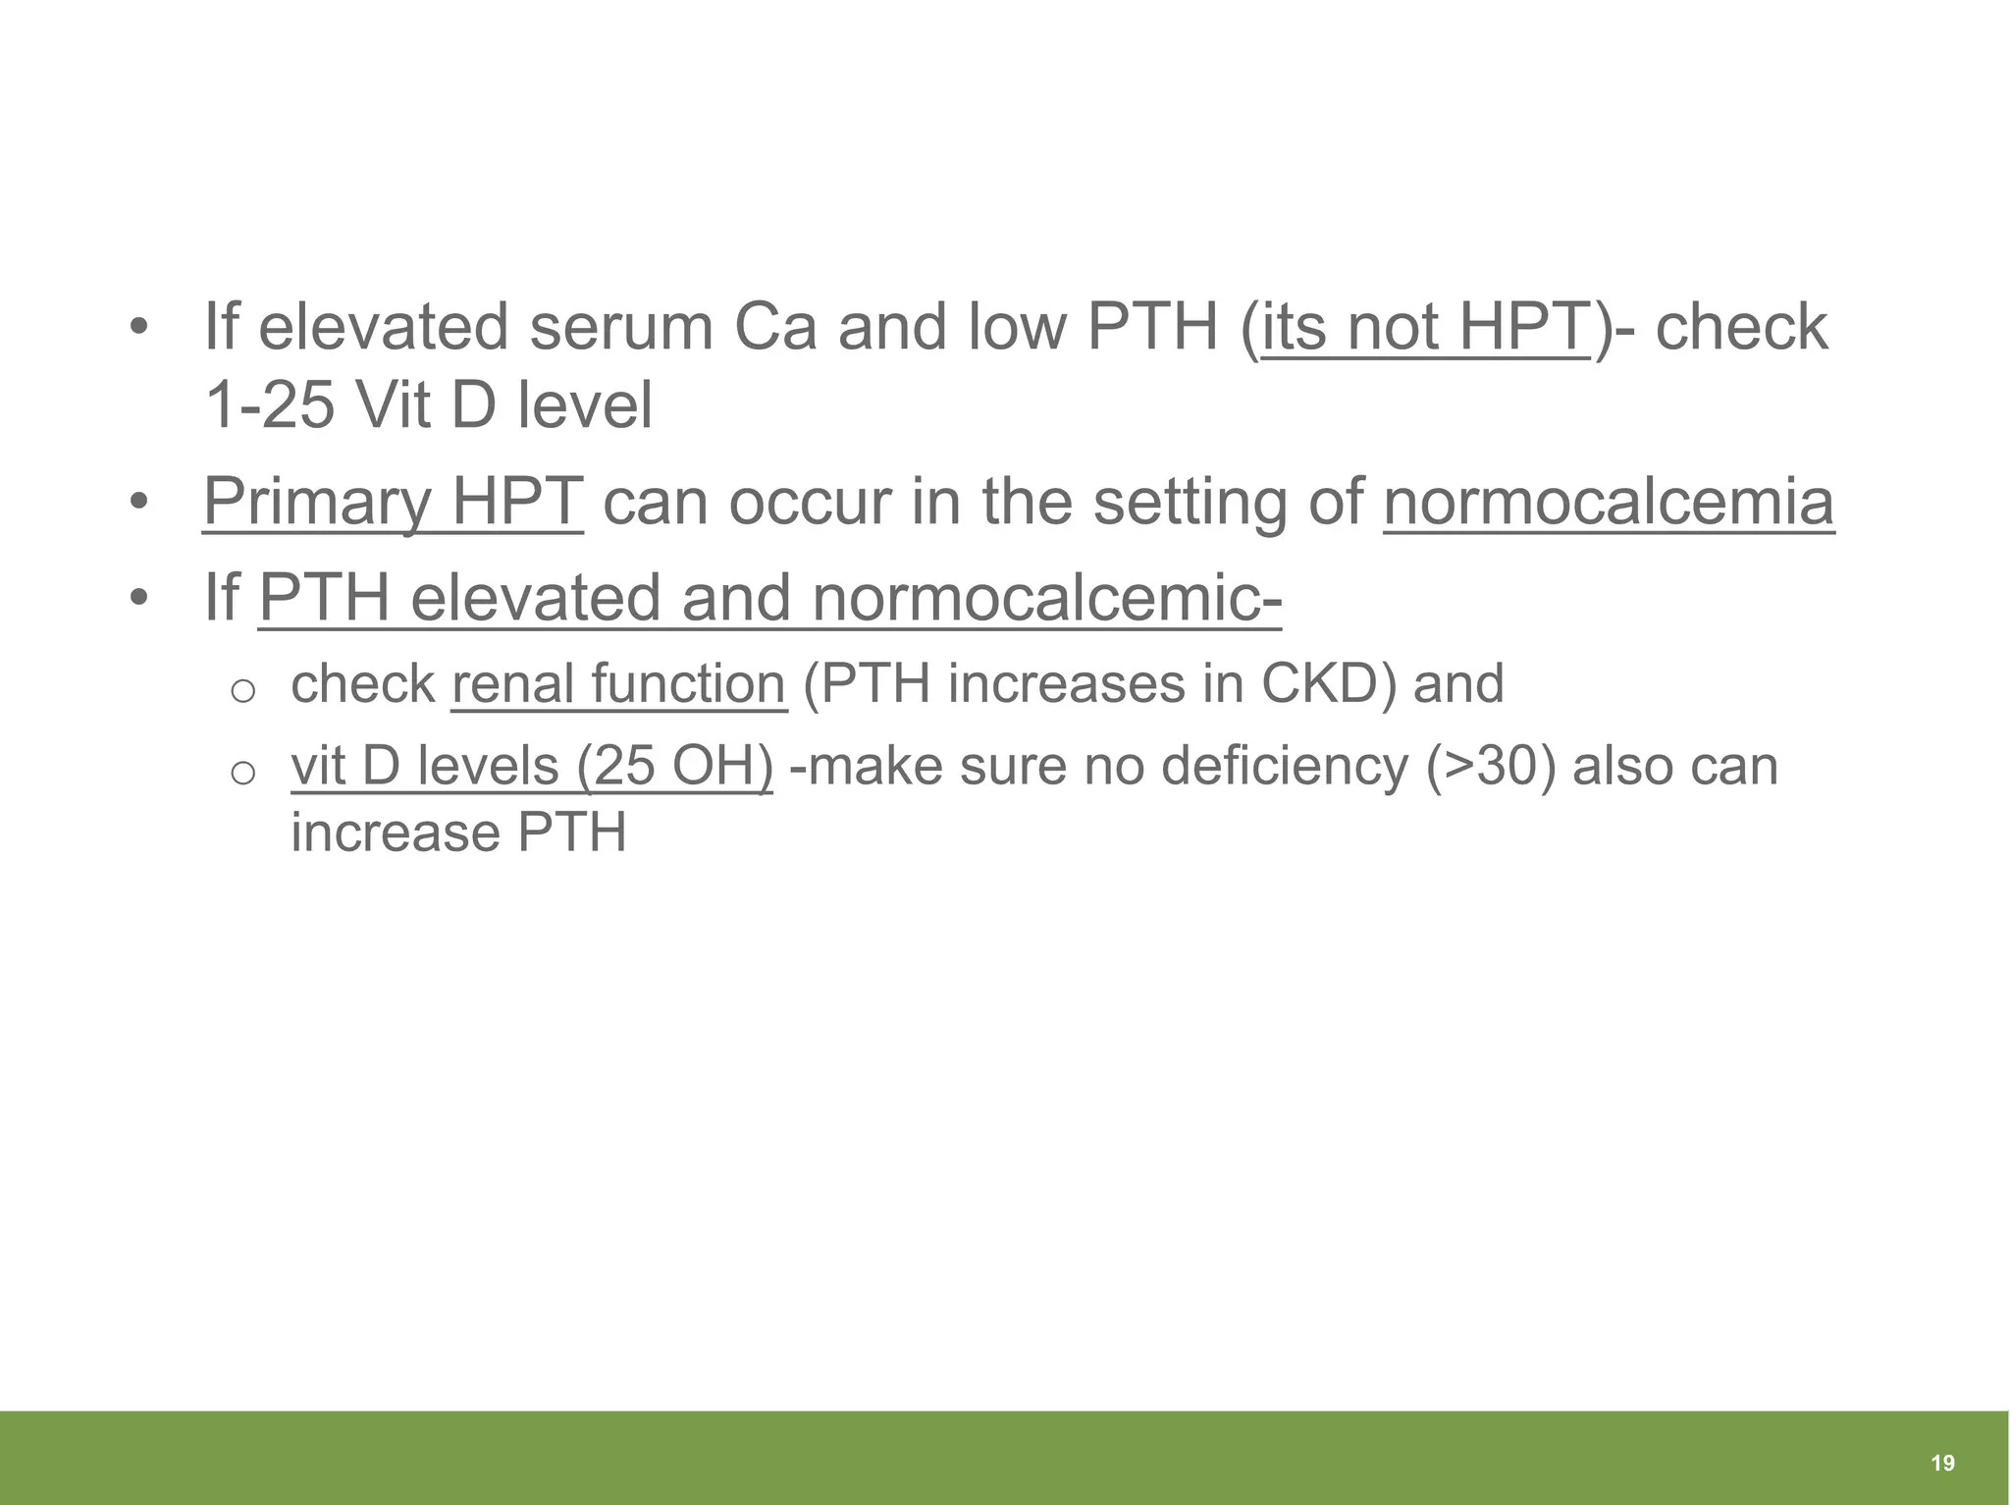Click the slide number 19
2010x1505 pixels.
[x=1942, y=1464]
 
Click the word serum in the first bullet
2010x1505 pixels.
[x=620, y=327]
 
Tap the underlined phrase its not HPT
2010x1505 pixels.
[x=1425, y=327]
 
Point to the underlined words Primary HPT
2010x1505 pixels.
[x=393, y=502]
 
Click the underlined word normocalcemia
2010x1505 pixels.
[x=1609, y=502]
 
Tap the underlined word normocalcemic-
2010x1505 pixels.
[x=1047, y=598]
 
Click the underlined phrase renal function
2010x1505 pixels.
[x=619, y=683]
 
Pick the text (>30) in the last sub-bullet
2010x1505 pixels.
[x=1491, y=766]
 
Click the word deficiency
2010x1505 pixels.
[x=1285, y=766]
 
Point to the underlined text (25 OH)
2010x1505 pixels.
[x=674, y=766]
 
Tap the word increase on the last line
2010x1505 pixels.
[x=396, y=833]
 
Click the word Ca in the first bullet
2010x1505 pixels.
[x=775, y=327]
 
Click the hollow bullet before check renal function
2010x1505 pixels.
[x=242, y=691]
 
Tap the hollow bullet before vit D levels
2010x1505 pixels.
[x=242, y=774]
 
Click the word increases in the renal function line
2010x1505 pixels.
[x=1066, y=683]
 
